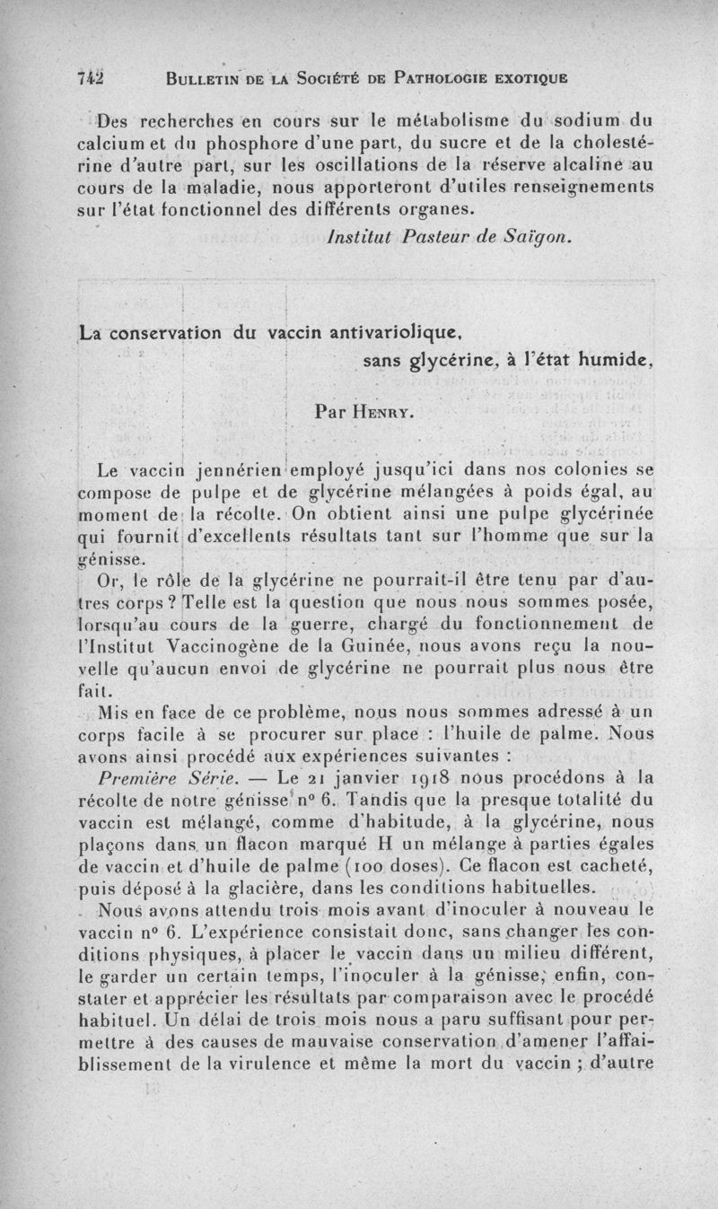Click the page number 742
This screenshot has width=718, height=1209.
[x=90, y=77]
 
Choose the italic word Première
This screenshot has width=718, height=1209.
[x=140, y=775]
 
